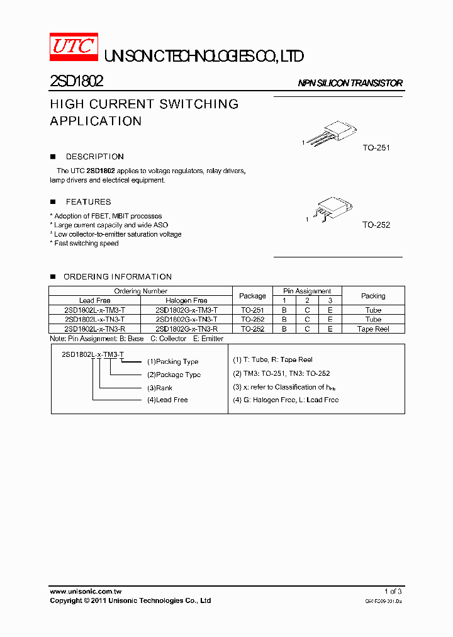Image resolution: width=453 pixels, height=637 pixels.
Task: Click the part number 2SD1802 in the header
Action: tap(76, 81)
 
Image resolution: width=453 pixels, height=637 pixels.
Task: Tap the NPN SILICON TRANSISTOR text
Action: tap(350, 83)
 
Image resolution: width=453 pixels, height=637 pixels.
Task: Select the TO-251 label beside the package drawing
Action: tap(376, 148)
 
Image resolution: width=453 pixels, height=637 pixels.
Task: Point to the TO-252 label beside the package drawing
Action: tap(376, 225)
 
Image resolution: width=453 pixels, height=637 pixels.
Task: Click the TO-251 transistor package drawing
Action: tap(331, 133)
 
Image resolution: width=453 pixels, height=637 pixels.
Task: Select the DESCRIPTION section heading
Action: tap(94, 157)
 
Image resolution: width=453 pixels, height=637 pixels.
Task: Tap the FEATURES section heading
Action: tap(88, 202)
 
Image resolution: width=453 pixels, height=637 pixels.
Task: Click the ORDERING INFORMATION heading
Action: tap(117, 277)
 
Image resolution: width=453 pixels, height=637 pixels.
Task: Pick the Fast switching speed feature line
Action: tap(86, 244)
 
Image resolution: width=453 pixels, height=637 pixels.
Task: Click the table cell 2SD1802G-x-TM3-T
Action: tap(186, 310)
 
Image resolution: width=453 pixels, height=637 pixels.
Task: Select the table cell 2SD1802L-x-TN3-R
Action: tap(94, 329)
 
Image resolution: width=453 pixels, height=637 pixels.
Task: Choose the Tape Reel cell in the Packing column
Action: tap(373, 329)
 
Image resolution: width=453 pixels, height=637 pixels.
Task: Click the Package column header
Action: tap(253, 296)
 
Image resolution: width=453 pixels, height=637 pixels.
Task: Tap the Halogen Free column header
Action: tap(186, 301)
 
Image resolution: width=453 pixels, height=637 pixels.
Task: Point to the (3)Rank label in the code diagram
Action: tap(160, 388)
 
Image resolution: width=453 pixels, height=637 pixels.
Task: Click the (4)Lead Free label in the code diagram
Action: tap(167, 400)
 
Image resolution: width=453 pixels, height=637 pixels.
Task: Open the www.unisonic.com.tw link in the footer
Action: tap(86, 592)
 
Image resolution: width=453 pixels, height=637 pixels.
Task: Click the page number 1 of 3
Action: tap(393, 592)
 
